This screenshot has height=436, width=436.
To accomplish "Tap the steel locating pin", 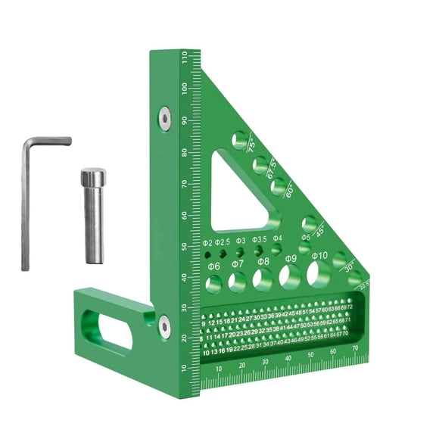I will coord(93,216).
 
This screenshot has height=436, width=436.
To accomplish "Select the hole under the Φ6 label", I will coord(214,284).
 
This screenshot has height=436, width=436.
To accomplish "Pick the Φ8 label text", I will coord(263,261).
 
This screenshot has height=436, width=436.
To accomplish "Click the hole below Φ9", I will coord(289,277).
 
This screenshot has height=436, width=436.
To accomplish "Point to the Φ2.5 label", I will coord(222,242).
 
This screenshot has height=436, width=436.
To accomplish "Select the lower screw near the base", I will coord(164,327).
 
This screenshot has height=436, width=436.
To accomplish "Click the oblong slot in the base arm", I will coord(111,330).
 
